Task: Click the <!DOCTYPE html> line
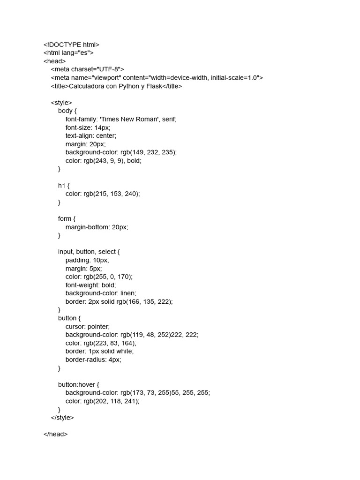(x=71, y=45)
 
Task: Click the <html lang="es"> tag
(x=68, y=53)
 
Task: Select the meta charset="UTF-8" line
(x=87, y=69)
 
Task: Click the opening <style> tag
(x=61, y=103)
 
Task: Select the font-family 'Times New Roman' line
(x=121, y=119)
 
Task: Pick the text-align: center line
(x=90, y=135)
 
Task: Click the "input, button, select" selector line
(x=89, y=252)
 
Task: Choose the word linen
(x=126, y=293)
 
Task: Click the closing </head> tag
(x=55, y=434)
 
